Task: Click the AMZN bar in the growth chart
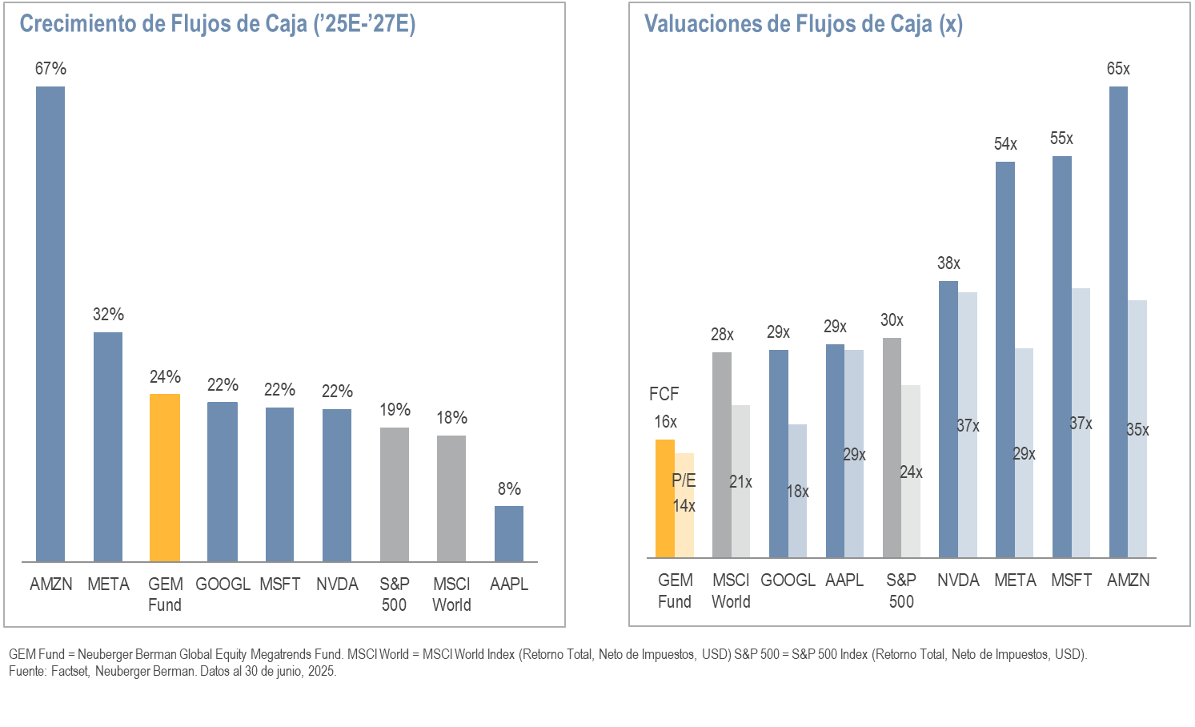50,323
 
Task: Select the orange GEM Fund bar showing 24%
165,477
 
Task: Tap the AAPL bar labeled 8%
509,533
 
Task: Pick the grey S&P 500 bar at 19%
394,494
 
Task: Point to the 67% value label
50,69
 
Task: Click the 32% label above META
108,315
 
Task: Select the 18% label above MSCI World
451,418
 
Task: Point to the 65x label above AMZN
1118,69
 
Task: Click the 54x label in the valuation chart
1005,144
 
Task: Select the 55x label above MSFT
1061,139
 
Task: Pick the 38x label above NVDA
948,263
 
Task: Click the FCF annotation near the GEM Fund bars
664,394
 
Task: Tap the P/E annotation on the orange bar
684,480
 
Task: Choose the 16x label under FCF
665,422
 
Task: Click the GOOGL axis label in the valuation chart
788,580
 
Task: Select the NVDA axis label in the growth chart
337,584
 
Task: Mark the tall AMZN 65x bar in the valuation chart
1118,320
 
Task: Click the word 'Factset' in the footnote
69,671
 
